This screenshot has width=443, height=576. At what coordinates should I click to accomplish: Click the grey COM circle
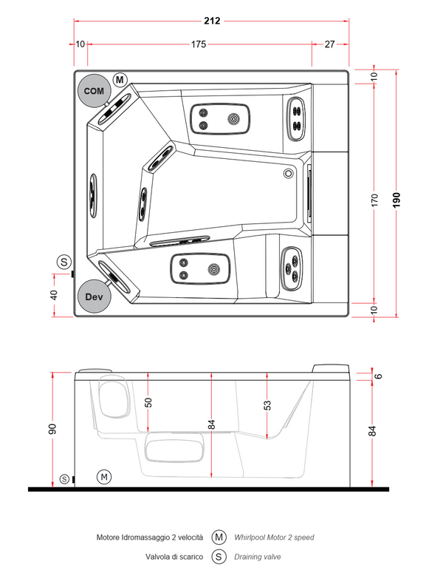94,90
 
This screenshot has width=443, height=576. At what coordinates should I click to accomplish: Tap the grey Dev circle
94,297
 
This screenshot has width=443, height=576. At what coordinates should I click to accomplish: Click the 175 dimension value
198,44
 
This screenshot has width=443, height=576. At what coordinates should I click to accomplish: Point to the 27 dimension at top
330,44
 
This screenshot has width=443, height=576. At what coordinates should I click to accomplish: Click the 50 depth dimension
148,402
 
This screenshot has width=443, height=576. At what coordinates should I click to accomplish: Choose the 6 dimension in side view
379,376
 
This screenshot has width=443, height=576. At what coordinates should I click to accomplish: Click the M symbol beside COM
120,79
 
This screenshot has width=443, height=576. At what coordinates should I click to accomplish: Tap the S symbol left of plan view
65,262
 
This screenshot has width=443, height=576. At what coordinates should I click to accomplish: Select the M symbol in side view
105,476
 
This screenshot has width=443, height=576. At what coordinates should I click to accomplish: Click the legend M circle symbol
219,538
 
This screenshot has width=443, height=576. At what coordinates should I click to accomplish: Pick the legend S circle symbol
219,557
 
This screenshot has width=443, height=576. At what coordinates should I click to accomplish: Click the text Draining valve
257,557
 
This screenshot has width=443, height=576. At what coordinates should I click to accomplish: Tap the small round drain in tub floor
289,174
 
